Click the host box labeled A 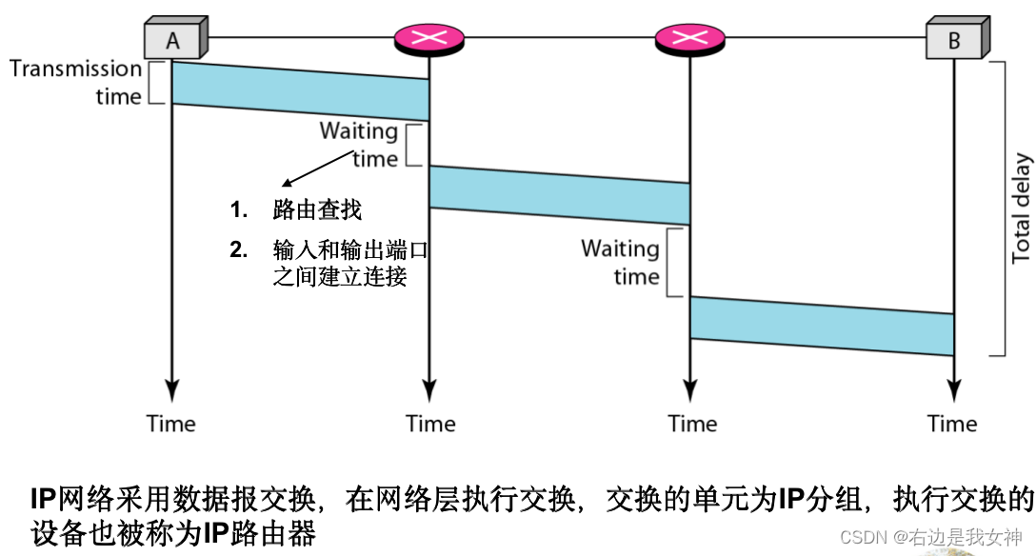click(x=172, y=39)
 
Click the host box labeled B click(x=954, y=41)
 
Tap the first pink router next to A click(x=429, y=38)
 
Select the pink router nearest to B click(x=689, y=38)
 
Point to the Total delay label click(x=1021, y=208)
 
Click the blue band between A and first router click(x=300, y=90)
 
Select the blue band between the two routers click(x=559, y=194)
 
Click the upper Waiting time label click(x=359, y=144)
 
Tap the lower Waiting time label click(x=621, y=262)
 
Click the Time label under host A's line click(x=171, y=424)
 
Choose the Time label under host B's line click(x=953, y=424)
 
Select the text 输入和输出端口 click(x=348, y=251)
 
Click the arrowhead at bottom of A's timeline click(x=171, y=390)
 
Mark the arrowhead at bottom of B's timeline click(x=953, y=390)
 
